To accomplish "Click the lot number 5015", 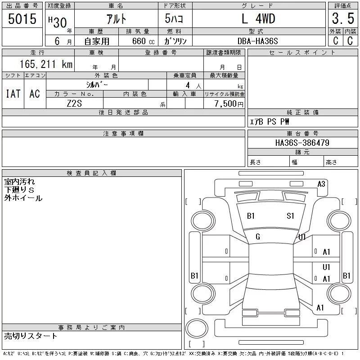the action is pyautogui.click(x=22, y=19).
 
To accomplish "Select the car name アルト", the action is pyautogui.click(x=116, y=19).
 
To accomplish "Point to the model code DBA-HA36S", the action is pyautogui.click(x=258, y=41).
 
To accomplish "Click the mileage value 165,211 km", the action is pyautogui.click(x=46, y=64).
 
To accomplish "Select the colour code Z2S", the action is pyautogui.click(x=74, y=103).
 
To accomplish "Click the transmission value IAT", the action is pyautogui.click(x=13, y=94).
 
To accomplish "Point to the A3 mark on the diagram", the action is pyautogui.click(x=321, y=184).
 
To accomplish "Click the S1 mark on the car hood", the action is pyautogui.click(x=290, y=216).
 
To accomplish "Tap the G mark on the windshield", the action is pyautogui.click(x=258, y=237).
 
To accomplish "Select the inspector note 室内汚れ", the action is pyautogui.click(x=19, y=182).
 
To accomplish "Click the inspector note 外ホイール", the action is pyautogui.click(x=23, y=198).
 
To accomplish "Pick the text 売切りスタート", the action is pyautogui.click(x=31, y=336).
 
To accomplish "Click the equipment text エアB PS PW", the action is pyautogui.click(x=270, y=121).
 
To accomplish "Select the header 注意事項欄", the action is pyautogui.click(x=123, y=134).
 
